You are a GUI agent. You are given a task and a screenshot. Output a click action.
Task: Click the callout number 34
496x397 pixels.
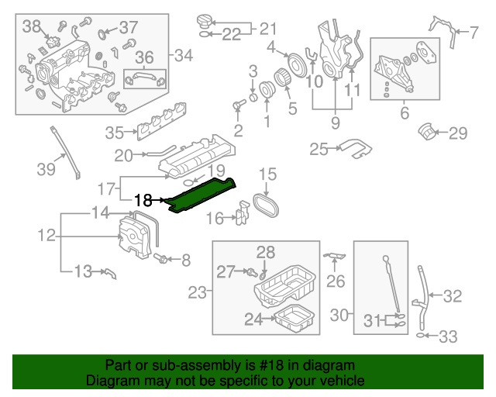184,55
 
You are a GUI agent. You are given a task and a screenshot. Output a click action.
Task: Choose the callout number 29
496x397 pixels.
458,134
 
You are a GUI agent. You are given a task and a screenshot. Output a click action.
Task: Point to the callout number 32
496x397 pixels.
453,295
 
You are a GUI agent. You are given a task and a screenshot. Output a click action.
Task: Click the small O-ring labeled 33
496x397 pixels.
421,337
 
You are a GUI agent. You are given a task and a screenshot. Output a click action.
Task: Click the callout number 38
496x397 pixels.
31,27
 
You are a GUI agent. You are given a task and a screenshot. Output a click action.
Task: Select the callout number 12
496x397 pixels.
46,233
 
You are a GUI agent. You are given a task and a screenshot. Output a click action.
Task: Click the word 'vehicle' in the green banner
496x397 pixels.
341,381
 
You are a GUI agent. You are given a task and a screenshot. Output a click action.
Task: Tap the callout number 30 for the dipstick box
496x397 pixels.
340,316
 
